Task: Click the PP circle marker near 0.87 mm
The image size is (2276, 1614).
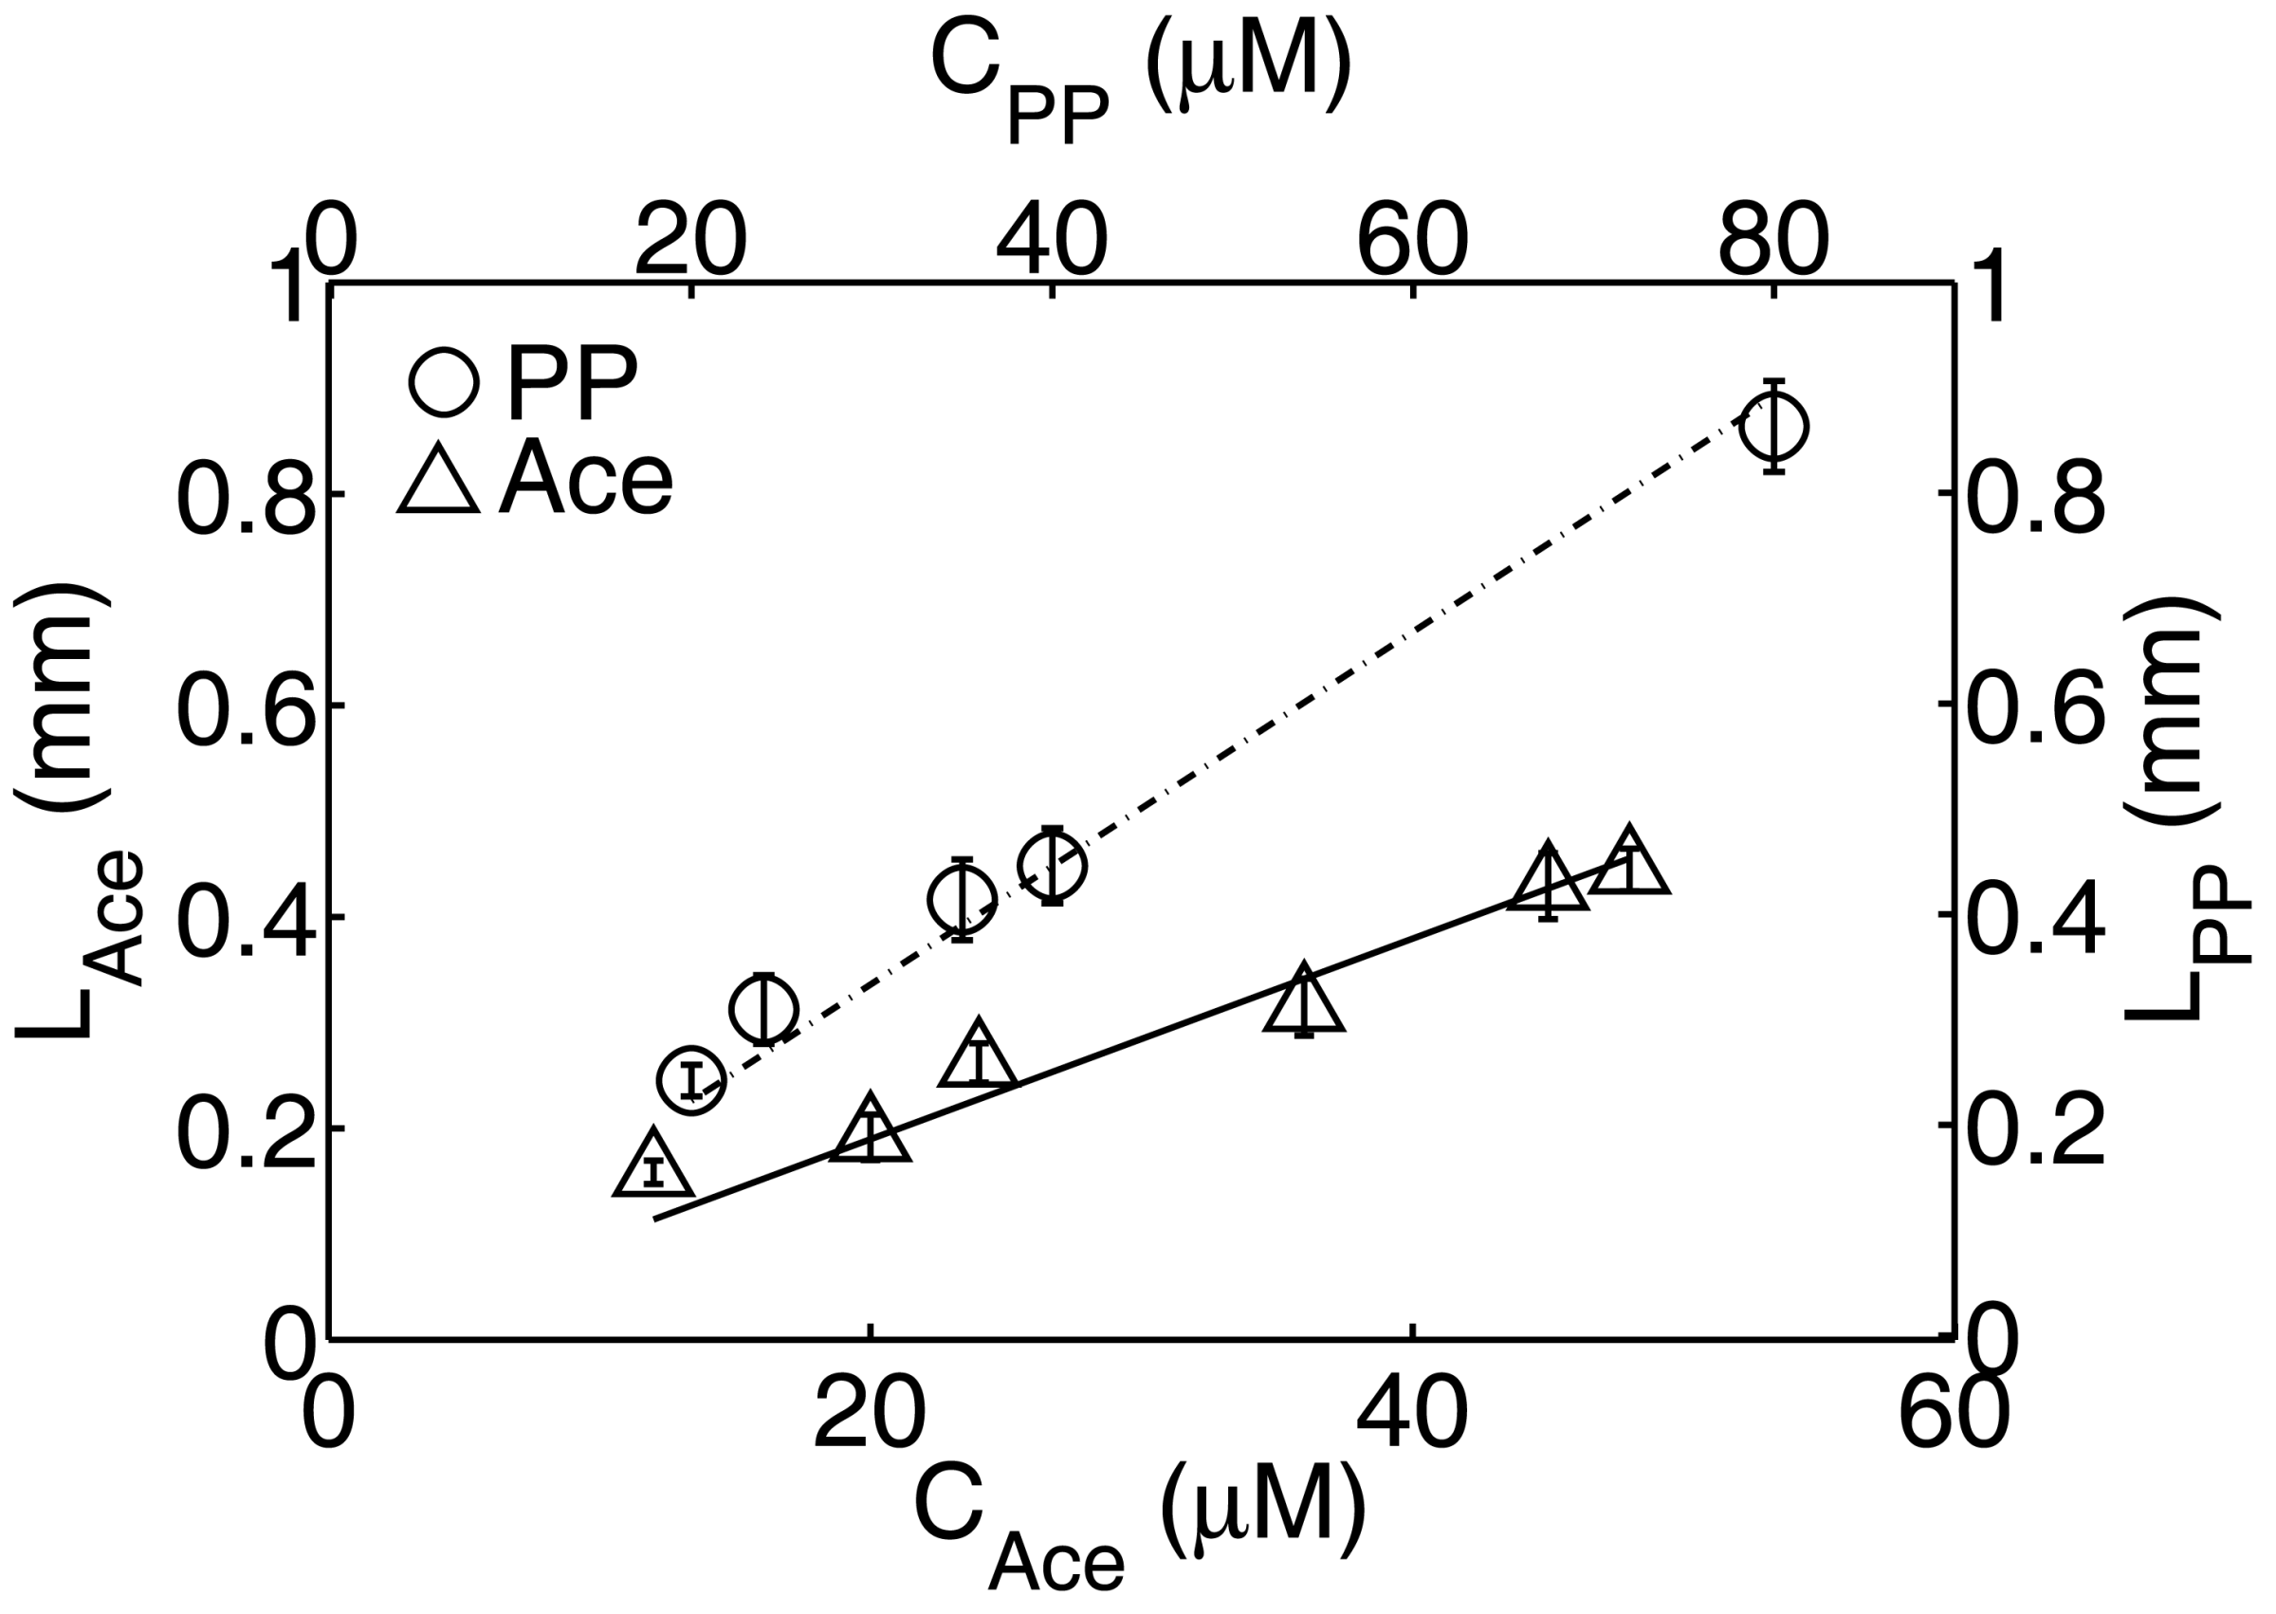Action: (1774, 427)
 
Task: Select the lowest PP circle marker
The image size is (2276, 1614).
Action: (691, 1080)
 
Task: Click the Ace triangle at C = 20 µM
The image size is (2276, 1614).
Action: (871, 1133)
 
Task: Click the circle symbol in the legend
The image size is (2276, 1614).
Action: (443, 380)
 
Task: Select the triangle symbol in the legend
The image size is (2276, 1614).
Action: (438, 481)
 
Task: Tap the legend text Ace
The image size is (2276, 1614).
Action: (586, 478)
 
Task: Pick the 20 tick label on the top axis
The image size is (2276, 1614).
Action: (690, 243)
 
